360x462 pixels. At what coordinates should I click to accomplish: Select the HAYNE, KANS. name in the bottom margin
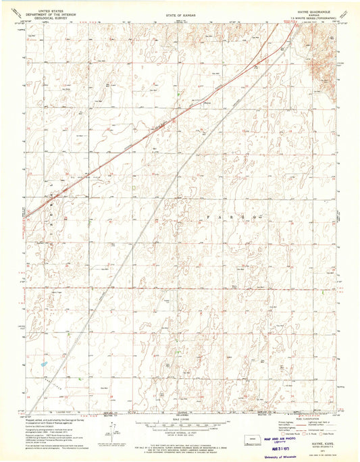[302, 443]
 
